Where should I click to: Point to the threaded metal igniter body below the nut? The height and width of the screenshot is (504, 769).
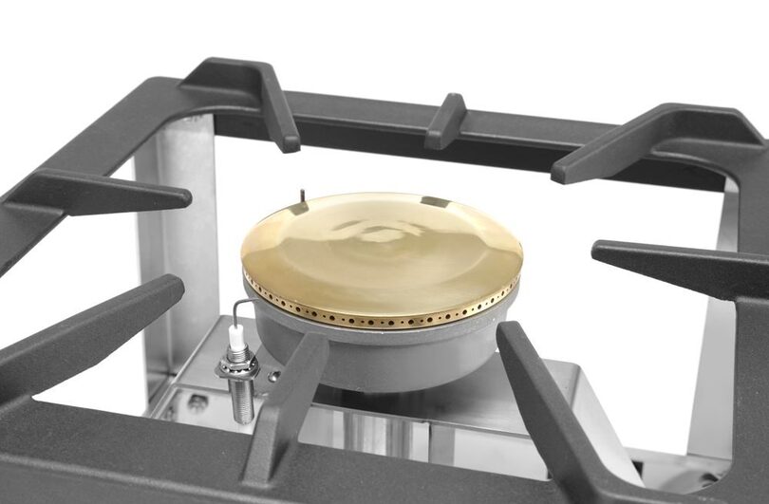click(243, 399)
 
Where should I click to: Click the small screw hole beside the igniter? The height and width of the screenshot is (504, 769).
click(273, 376)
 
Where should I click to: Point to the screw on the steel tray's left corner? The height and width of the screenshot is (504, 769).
click(197, 402)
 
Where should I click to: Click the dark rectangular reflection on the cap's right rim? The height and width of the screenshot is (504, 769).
click(434, 201)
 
